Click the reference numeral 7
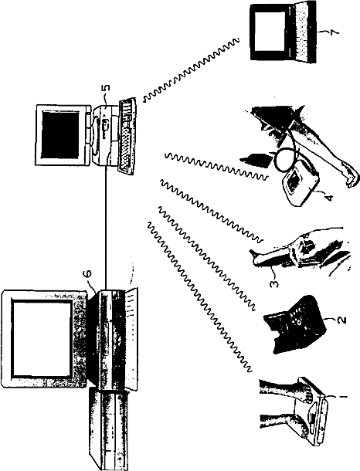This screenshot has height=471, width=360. coord(335,32)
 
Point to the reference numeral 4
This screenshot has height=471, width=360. coord(330,198)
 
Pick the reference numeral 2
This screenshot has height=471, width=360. coord(341,320)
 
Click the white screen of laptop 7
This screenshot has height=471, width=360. coord(270,31)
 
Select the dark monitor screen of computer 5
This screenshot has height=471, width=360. coord(60,134)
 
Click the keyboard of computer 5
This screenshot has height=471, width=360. coord(127,135)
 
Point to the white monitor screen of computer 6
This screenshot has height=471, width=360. coord(42,338)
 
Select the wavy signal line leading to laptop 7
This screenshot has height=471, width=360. coord(192,70)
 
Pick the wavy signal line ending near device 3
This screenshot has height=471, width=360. coord(212,211)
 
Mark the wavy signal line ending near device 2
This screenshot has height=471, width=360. coord(207,259)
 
